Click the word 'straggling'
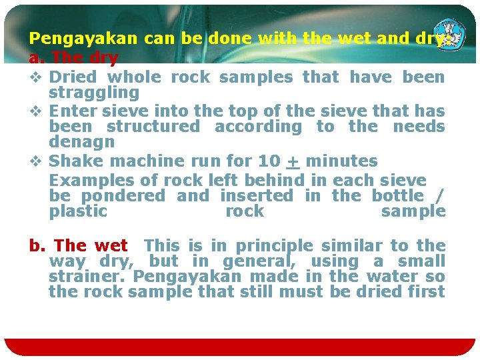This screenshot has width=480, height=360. pos(94,93)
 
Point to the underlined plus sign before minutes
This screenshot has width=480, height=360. pos(292,161)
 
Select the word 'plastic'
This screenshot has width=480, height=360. pos(78,211)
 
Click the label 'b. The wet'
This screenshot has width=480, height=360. pos(79,246)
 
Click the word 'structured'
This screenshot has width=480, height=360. pos(153,127)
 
